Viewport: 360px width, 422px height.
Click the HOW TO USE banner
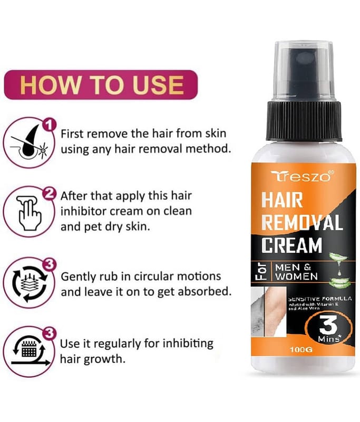(101, 85)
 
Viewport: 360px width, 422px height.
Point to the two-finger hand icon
(30, 213)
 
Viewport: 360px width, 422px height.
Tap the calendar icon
(30, 350)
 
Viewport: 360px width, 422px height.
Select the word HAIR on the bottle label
(282, 200)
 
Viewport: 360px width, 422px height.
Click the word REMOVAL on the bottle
(302, 222)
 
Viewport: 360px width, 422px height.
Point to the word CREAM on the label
(291, 245)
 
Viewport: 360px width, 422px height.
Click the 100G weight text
(301, 350)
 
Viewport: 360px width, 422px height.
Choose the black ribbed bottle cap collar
(304, 121)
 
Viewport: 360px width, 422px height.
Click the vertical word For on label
(262, 272)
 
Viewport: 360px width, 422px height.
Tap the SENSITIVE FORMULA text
(320, 299)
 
